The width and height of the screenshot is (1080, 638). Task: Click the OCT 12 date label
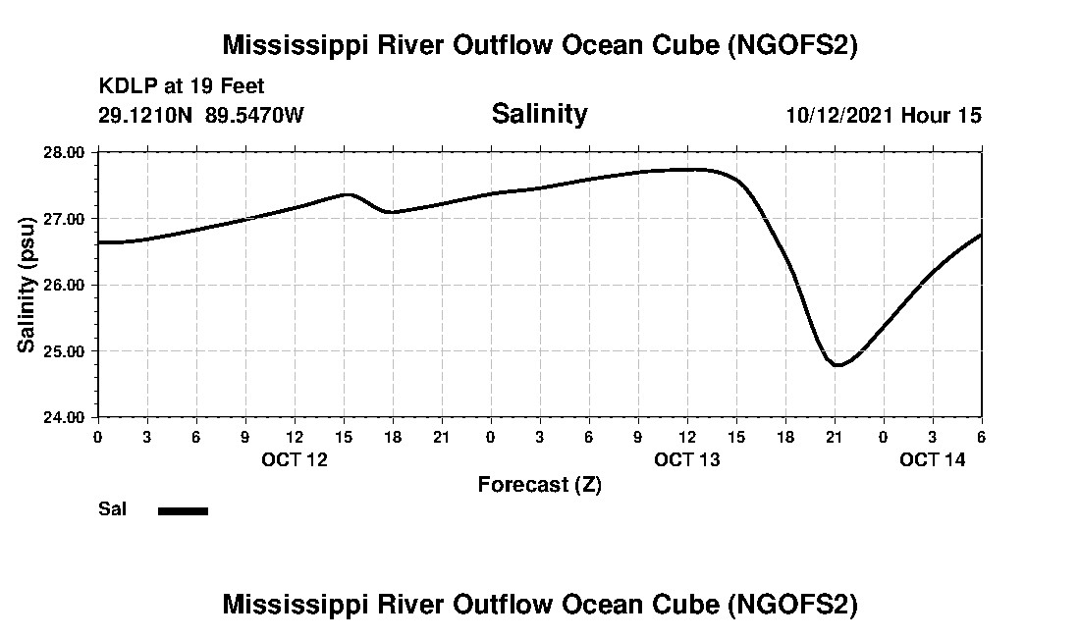pos(295,460)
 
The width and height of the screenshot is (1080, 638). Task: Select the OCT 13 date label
pos(687,460)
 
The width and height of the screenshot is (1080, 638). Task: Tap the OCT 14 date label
pos(933,460)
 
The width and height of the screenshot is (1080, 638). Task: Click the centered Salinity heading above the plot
pos(539,114)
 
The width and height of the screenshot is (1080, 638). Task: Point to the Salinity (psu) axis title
pos(27,284)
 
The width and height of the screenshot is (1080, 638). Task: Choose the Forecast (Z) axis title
pos(539,485)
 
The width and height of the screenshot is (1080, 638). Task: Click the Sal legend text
pos(112,509)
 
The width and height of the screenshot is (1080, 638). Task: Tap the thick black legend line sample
pos(183,510)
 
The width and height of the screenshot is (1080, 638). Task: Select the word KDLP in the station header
pos(122,87)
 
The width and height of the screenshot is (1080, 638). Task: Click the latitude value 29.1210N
pos(145,115)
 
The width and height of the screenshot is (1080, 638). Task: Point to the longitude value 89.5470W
pos(254,115)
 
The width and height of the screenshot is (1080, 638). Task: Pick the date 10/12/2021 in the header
pos(839,115)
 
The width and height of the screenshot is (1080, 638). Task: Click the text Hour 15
pos(942,115)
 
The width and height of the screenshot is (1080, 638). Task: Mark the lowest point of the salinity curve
pos(837,365)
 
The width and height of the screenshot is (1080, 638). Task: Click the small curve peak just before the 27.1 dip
pos(348,194)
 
